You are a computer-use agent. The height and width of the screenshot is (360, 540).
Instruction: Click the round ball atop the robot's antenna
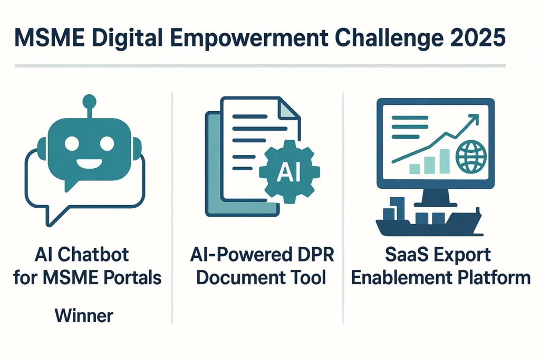[90, 100]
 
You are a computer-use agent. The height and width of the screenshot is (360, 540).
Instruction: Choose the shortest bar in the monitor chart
[414, 168]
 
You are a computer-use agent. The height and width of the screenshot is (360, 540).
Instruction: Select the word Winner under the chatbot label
[84, 316]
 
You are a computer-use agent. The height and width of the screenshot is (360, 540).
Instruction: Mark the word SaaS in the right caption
[404, 256]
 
